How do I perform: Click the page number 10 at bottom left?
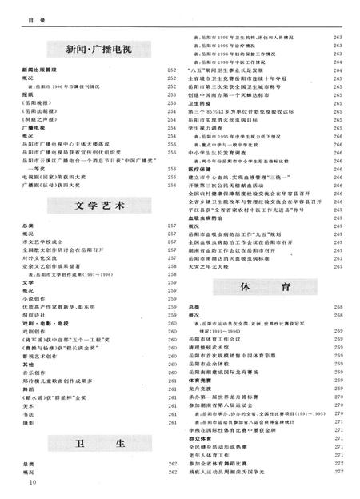pyautogui.click(x=33, y=483)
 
